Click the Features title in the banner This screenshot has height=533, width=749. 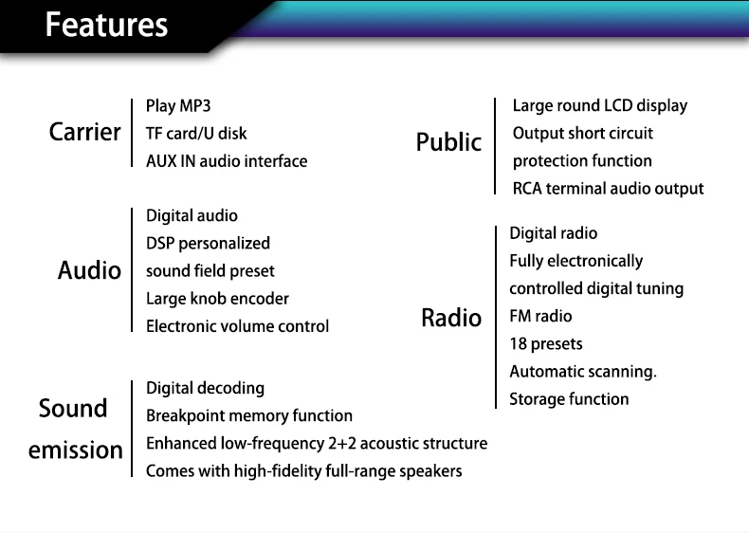pos(106,25)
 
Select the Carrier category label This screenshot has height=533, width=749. pos(85,132)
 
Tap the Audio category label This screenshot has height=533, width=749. pos(90,271)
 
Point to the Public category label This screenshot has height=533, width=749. pos(448,143)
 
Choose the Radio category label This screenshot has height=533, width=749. pos(451,318)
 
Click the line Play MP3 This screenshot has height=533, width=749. pos(178,105)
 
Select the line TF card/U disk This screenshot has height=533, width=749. pos(196,133)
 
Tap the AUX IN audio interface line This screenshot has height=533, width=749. pos(227,161)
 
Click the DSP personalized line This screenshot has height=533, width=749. pos(208,244)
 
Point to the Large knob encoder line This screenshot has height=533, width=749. pos(217,299)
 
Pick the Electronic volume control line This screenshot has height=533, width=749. pos(237,326)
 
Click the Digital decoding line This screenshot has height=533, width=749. pos(205,388)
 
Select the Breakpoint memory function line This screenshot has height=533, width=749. pos(248,415)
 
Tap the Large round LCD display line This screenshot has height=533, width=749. pos(599,105)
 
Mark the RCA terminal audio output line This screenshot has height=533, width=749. pos(608,189)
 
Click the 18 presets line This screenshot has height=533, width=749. pos(546,344)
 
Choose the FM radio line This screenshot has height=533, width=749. pos(540,317)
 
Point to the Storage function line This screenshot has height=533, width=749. pos(569,399)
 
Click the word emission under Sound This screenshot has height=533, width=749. pos(76,450)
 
